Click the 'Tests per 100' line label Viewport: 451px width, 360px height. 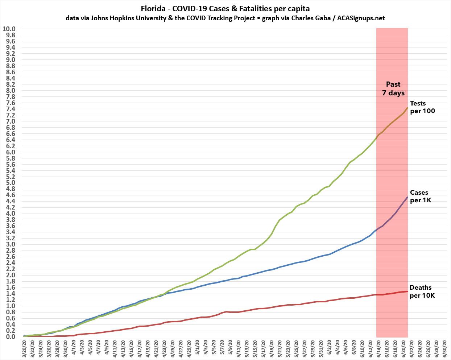click(x=422, y=107)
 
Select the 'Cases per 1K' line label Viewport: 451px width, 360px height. click(x=421, y=196)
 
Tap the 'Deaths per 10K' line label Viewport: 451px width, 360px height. click(x=422, y=291)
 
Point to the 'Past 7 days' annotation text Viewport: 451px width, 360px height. click(x=393, y=88)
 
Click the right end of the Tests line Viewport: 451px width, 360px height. click(x=407, y=108)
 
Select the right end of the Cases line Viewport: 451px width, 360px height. click(x=407, y=197)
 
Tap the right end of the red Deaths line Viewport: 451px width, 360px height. click(x=407, y=291)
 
